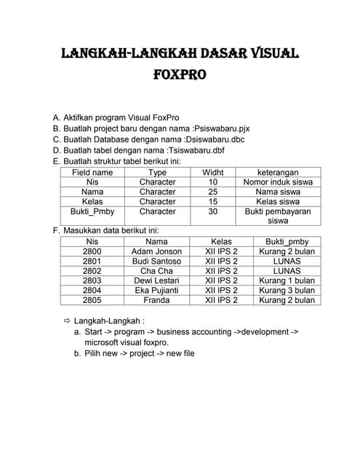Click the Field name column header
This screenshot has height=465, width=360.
92,172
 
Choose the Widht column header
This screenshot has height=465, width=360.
213,172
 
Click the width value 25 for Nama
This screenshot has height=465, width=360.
213,192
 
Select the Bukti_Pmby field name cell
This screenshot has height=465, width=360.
92,211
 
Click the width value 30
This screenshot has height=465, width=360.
213,211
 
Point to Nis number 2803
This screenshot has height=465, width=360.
92,280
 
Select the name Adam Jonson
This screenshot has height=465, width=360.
156,251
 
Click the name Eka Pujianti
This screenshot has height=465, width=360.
156,290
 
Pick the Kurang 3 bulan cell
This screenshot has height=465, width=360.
287,290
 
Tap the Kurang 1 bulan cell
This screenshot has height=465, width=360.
287,280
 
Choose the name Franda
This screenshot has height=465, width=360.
156,299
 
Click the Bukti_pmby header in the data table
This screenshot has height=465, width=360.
287,241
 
